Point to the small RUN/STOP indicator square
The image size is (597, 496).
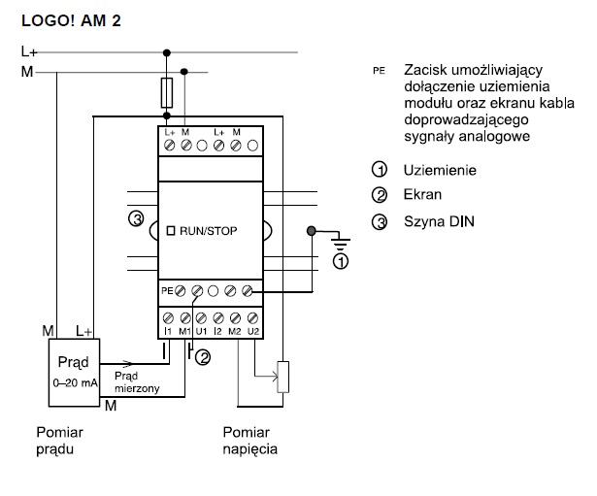tap(171, 231)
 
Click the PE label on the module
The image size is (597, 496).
tap(167, 289)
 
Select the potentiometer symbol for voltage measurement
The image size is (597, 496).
tap(283, 377)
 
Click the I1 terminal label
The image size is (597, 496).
tap(167, 333)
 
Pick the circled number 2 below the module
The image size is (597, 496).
tap(203, 358)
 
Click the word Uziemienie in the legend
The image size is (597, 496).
tap(439, 171)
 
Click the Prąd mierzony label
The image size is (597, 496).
tap(133, 380)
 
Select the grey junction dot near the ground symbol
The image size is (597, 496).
tap(312, 231)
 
